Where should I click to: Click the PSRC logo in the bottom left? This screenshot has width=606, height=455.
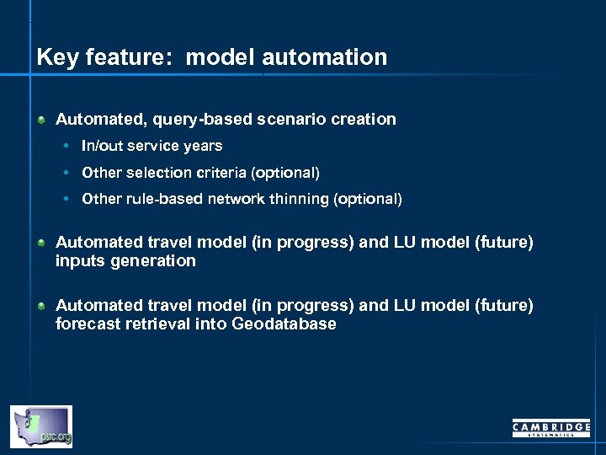click(x=40, y=426)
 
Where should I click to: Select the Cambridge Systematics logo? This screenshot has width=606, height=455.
click(x=551, y=428)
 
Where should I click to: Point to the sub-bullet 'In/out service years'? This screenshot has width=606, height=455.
click(x=151, y=146)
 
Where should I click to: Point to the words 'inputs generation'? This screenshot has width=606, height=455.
click(x=125, y=261)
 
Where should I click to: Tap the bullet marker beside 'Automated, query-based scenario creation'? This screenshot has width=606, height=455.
click(x=41, y=120)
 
